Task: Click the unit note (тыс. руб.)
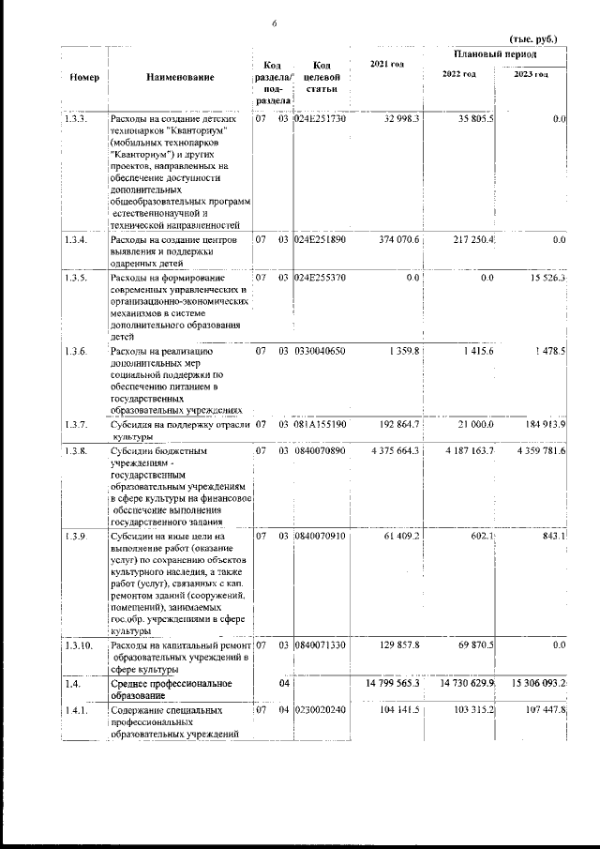(x=532, y=39)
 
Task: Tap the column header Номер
(x=85, y=77)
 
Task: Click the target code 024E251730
(x=321, y=120)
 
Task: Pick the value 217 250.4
(x=470, y=240)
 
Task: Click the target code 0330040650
(x=321, y=351)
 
